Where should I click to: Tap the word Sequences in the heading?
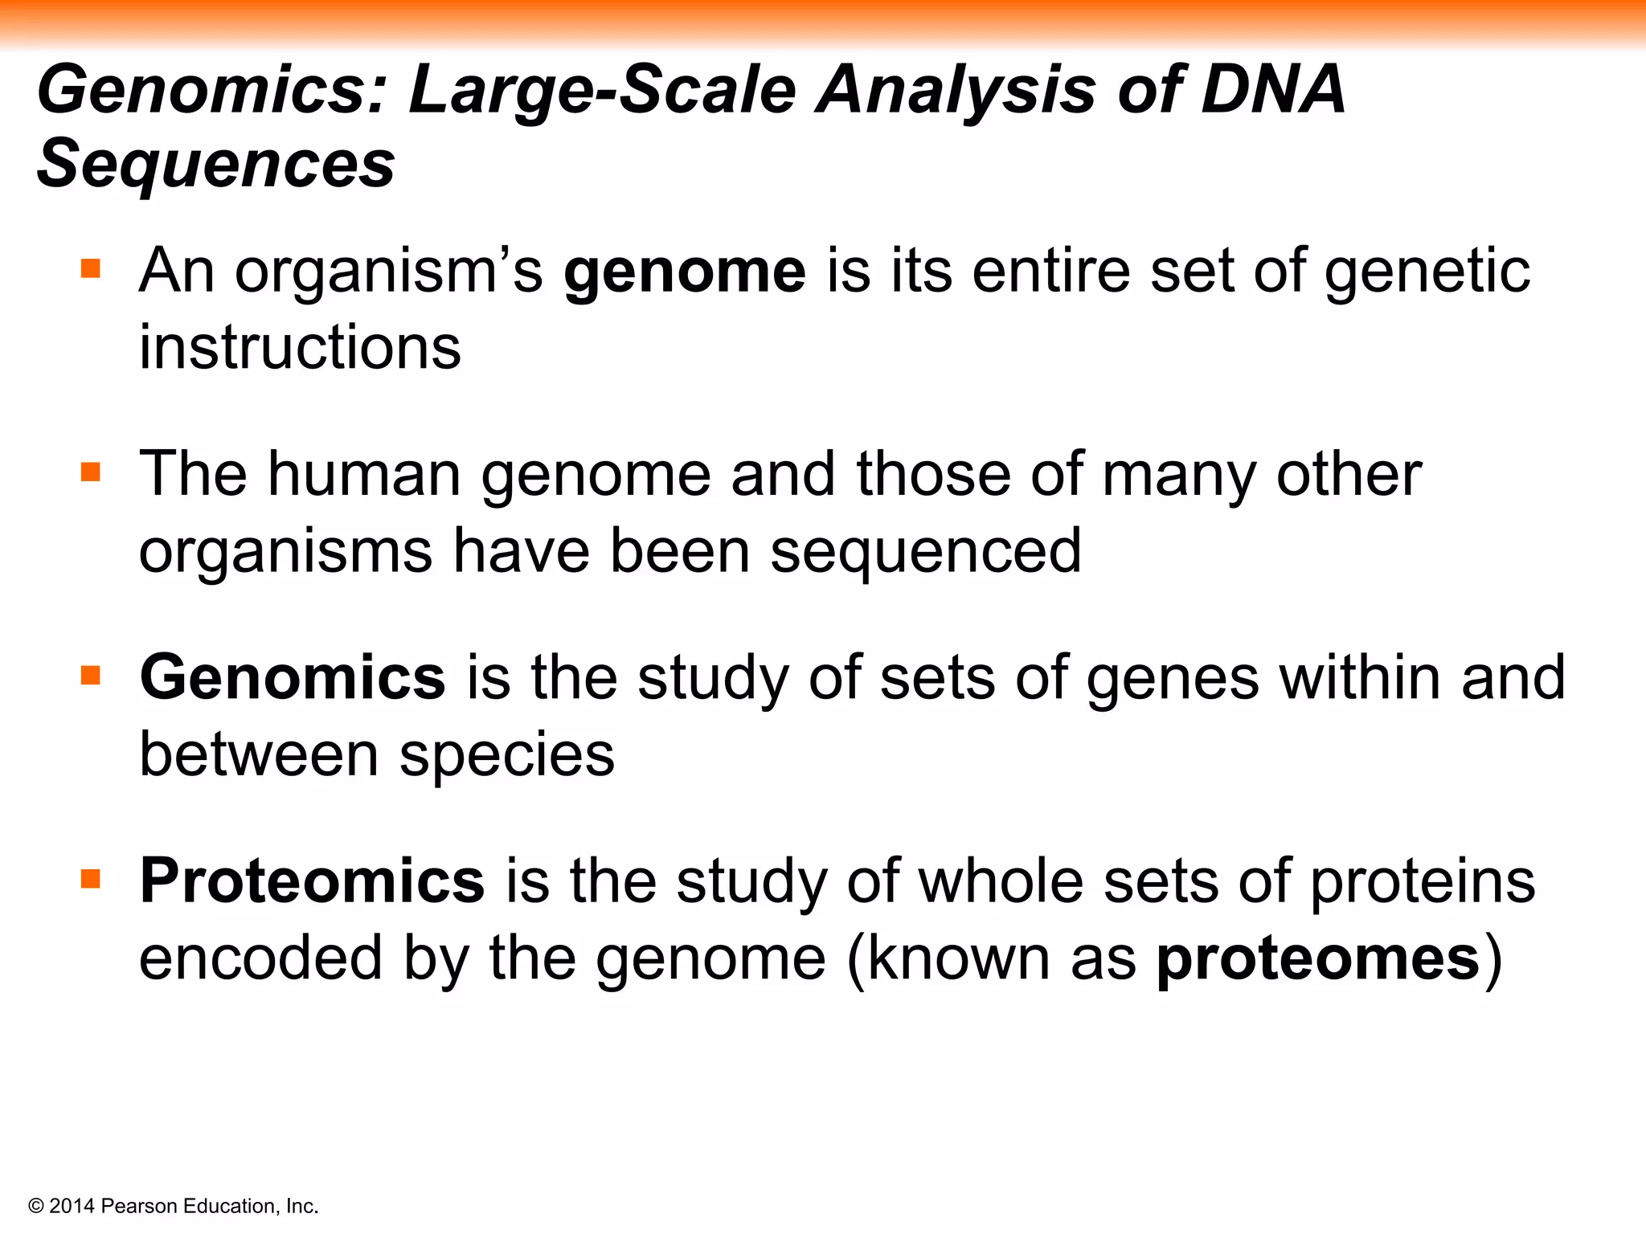pyautogui.click(x=216, y=164)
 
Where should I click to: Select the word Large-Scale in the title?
pyautogui.click(x=602, y=90)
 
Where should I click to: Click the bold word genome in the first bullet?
pyautogui.click(x=685, y=272)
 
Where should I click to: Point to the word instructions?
pyautogui.click(x=300, y=347)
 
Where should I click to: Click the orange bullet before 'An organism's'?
pyautogui.click(x=91, y=268)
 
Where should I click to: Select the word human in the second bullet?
pyautogui.click(x=364, y=474)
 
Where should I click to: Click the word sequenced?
pyautogui.click(x=926, y=551)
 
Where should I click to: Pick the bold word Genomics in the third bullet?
pyautogui.click(x=293, y=677)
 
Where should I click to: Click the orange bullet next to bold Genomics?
pyautogui.click(x=91, y=675)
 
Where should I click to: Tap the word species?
pyautogui.click(x=507, y=755)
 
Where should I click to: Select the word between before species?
pyautogui.click(x=259, y=755)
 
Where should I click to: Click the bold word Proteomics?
pyautogui.click(x=312, y=881)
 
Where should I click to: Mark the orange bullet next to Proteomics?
pyautogui.click(x=91, y=878)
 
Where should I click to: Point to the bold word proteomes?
pyautogui.click(x=1318, y=958)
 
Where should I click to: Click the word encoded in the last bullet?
pyautogui.click(x=260, y=958)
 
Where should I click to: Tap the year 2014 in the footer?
pyautogui.click(x=72, y=1206)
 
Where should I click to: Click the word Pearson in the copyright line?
pyautogui.click(x=140, y=1206)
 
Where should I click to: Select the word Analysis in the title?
pyautogui.click(x=956, y=90)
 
